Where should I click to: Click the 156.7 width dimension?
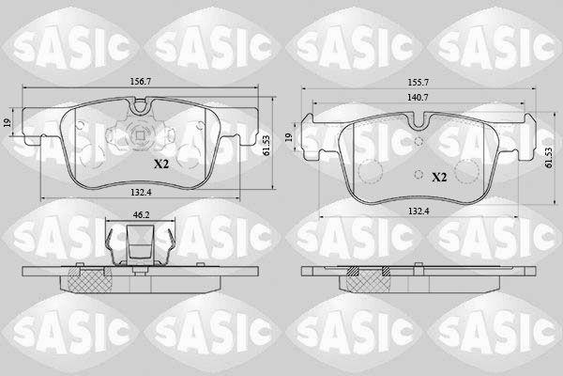[140, 82]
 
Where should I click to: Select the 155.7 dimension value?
[418, 83]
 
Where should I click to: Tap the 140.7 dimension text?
[418, 97]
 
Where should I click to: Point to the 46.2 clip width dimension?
[141, 215]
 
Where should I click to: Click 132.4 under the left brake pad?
[141, 193]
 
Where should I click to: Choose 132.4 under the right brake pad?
[418, 211]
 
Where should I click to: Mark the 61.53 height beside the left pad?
[266, 145]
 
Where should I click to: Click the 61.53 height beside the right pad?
[548, 158]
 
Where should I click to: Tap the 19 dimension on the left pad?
[8, 123]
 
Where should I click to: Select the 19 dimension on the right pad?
[289, 137]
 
